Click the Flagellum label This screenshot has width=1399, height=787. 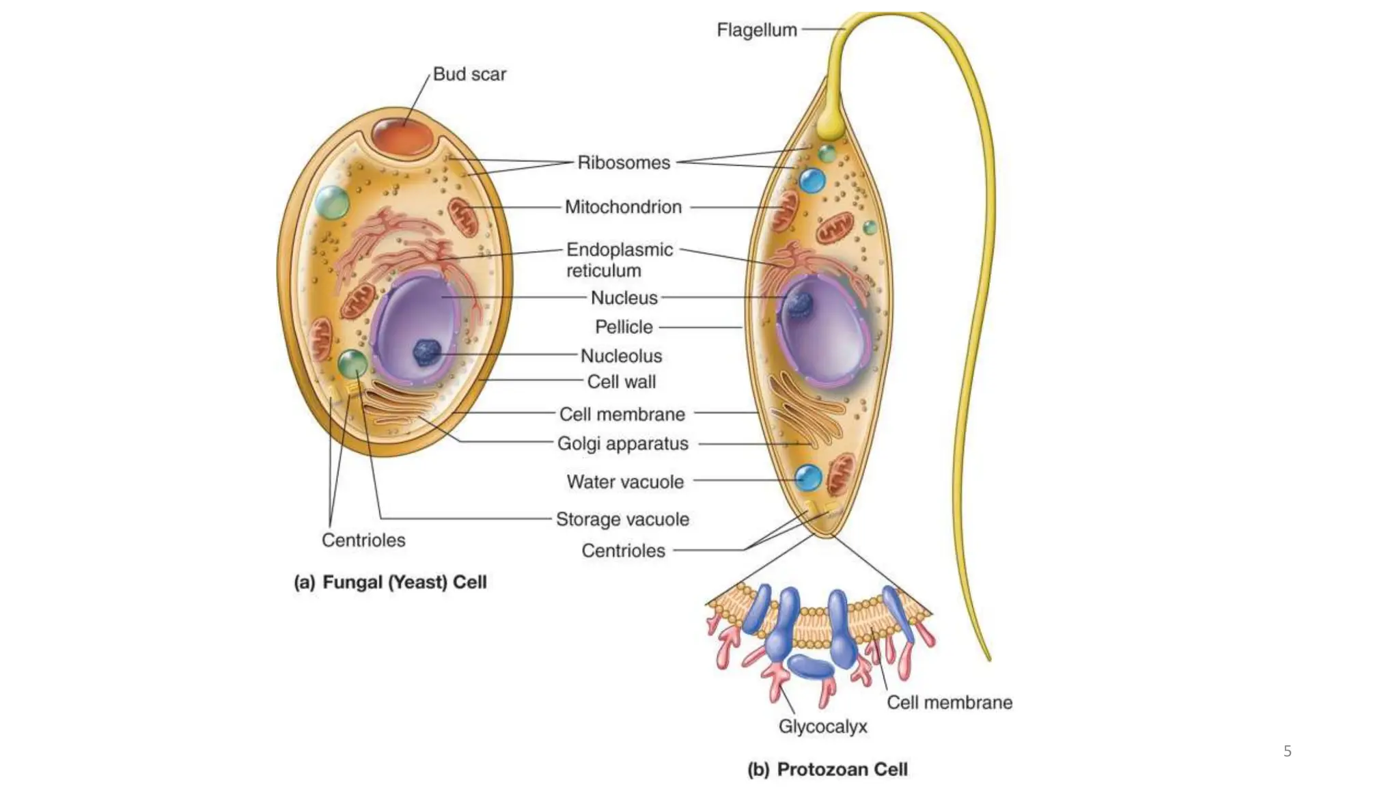coord(756,30)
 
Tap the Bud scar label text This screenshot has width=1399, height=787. coord(469,74)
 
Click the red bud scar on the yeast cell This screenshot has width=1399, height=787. coord(402,136)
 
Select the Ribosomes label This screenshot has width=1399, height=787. coord(624,163)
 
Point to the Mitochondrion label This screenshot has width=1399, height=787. coord(623,207)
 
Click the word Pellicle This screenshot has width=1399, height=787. coord(624,327)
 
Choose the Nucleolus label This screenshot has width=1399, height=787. coord(621,356)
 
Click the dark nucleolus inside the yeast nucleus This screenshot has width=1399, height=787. coord(427,353)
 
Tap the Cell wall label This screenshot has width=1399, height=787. coord(621,382)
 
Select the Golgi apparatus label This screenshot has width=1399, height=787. coord(622,444)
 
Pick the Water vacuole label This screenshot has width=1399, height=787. coord(625,482)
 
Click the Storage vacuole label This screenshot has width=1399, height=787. coord(622,519)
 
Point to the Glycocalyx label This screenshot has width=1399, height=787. coord(822,726)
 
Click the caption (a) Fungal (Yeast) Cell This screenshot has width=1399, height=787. coord(390,582)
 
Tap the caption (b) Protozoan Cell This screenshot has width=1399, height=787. coord(827,769)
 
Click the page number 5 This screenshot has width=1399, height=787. coord(1287,751)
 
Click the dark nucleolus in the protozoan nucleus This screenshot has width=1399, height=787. coord(798,304)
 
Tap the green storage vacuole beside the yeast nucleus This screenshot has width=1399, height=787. coord(352,364)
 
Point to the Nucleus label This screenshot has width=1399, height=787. coord(624,298)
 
